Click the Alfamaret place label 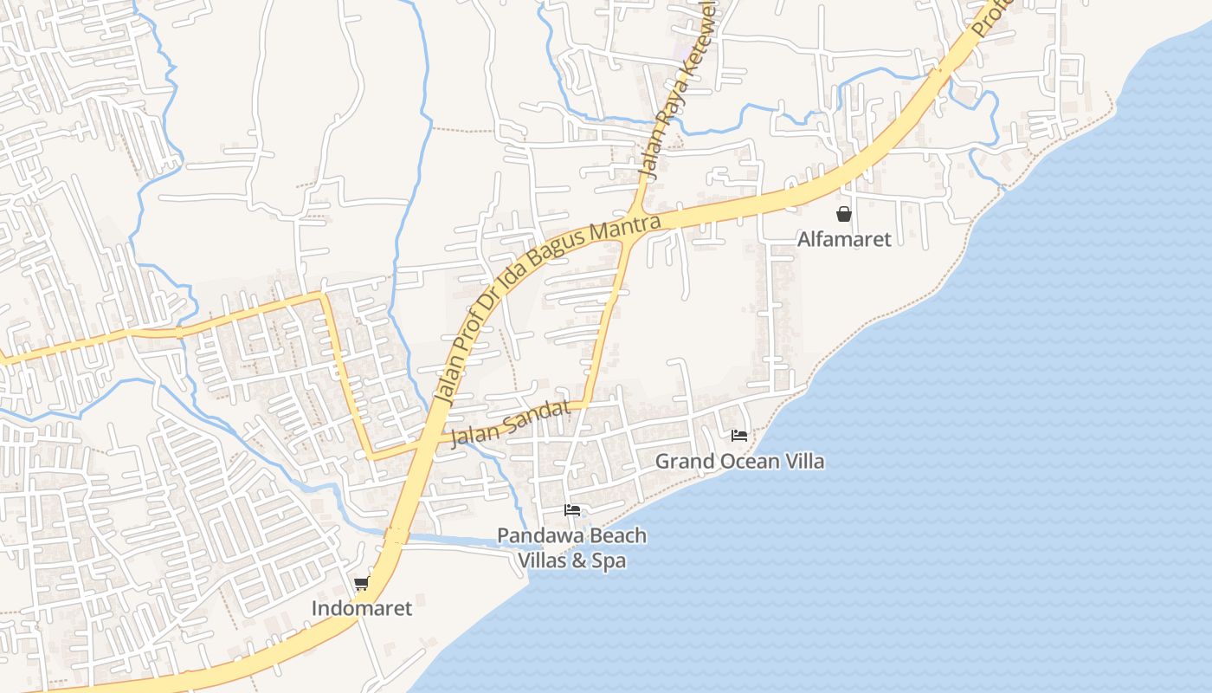pyautogui.click(x=843, y=239)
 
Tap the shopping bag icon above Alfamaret pyautogui.click(x=843, y=214)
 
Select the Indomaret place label pyautogui.click(x=362, y=608)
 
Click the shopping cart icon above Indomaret pyautogui.click(x=361, y=584)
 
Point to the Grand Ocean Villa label pyautogui.click(x=739, y=461)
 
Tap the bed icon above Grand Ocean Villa pyautogui.click(x=739, y=435)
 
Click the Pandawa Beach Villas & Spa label pyautogui.click(x=571, y=547)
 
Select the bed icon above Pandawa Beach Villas pyautogui.click(x=571, y=509)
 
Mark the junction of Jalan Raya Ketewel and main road pyautogui.click(x=638, y=213)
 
